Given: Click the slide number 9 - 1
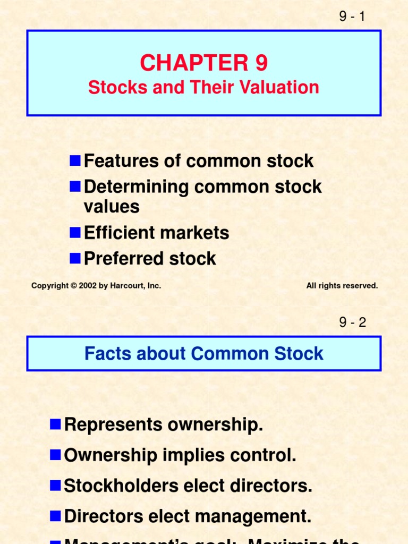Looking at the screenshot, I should pos(352,16).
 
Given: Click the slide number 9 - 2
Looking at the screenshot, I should pos(352,322).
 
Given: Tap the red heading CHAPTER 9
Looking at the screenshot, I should pos(204,64).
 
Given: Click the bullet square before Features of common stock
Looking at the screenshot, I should pos(75,160).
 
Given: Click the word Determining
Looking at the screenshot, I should pos(137,186).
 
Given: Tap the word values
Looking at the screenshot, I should pos(112,207).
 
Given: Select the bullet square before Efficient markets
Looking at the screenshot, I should pos(75,232).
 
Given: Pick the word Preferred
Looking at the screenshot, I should pos(117,259).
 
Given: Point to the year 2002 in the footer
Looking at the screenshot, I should pos(87,286).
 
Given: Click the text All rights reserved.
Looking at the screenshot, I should pos(342,286).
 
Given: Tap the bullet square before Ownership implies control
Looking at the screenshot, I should pos(55,455).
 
